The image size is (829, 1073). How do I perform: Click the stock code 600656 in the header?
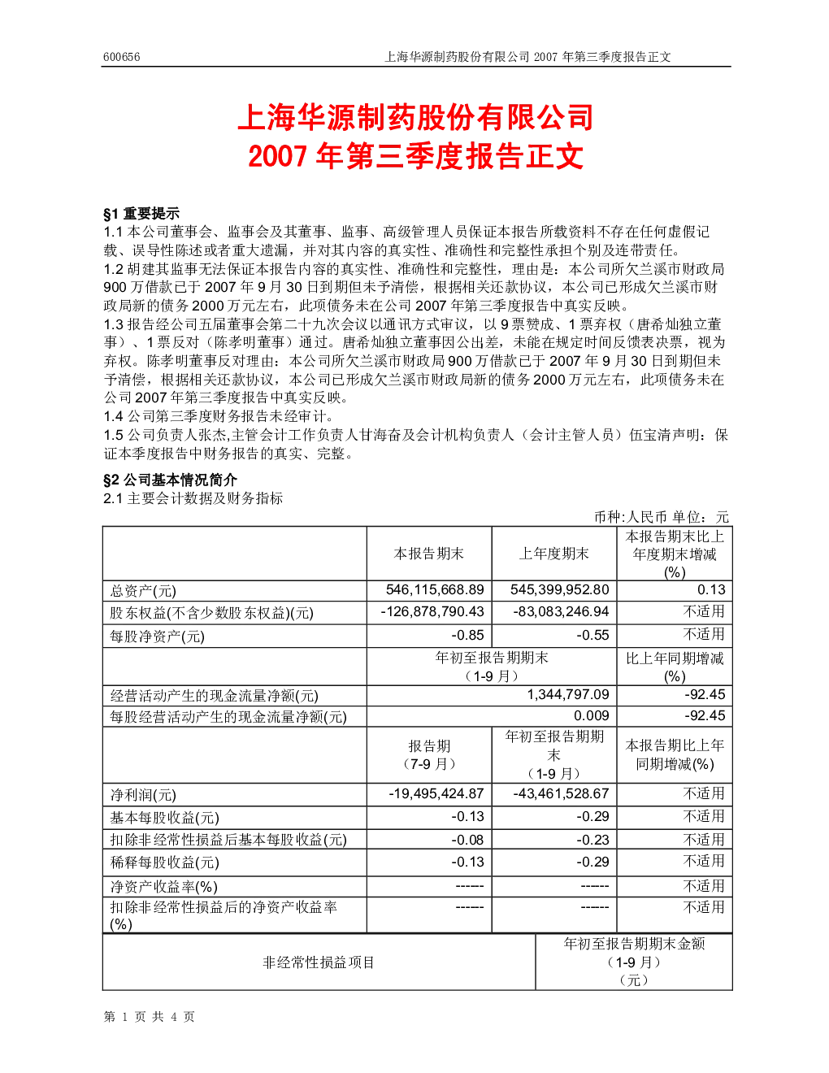pos(121,57)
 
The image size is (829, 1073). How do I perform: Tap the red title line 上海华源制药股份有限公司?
pos(416,118)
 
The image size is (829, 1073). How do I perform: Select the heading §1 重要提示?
pos(141,213)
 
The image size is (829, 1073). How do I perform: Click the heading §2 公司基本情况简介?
pos(170,480)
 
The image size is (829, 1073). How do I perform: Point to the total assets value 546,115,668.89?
pos(435,589)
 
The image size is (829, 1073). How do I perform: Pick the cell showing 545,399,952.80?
pos(559,589)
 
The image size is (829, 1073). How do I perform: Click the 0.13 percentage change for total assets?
pos(711,589)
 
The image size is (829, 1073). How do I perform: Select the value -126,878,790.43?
pos(432,612)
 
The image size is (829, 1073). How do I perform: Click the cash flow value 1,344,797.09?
pos(568,695)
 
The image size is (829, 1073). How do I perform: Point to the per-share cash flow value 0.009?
pos(591,715)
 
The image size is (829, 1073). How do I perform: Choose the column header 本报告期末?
pos(428,554)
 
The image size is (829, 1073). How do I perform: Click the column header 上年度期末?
pos(553,554)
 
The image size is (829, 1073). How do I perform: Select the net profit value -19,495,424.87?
pos(436,793)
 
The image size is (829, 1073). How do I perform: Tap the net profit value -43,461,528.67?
pos(561,793)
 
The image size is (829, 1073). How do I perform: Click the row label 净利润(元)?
pos(143,794)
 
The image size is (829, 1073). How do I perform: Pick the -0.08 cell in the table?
pos(467,840)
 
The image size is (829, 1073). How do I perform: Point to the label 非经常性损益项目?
pos(319,962)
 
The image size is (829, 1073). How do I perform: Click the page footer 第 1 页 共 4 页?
pos(149,1016)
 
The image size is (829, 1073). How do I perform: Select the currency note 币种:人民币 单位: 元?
pos(661,517)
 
